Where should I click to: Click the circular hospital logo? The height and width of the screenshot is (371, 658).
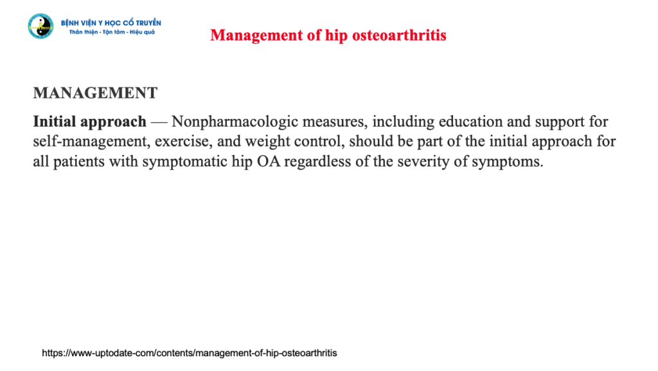point(40,26)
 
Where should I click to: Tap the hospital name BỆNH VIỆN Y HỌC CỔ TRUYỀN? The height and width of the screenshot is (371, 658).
point(111,23)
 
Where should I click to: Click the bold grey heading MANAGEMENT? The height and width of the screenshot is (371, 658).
point(95,93)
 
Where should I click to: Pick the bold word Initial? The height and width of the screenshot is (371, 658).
point(55,122)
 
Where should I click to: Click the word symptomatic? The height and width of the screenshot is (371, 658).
point(181,162)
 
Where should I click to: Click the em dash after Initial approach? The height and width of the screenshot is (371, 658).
point(158,122)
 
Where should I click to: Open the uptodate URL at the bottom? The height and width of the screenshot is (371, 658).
point(190,353)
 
